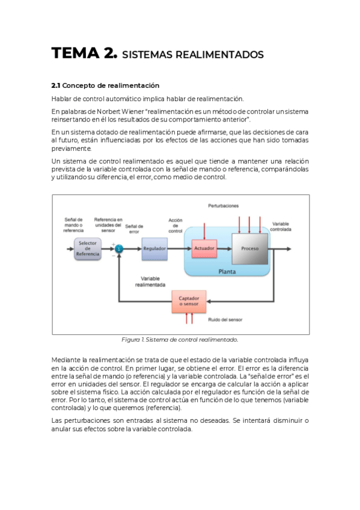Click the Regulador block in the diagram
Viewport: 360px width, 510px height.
tap(154, 248)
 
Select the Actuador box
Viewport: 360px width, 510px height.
tap(204, 248)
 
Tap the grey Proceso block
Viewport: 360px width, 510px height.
tap(249, 248)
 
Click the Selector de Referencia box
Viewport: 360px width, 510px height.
tap(87, 248)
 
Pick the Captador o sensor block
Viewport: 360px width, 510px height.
tap(189, 301)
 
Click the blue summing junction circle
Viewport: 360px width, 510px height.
tap(118, 248)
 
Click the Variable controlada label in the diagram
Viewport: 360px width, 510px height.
tap(281, 226)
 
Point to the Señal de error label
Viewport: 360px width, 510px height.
tap(134, 229)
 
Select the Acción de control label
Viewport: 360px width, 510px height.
tap(175, 226)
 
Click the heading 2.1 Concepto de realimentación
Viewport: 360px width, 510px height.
tap(105, 85)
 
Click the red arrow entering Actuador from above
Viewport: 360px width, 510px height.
tap(204, 230)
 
